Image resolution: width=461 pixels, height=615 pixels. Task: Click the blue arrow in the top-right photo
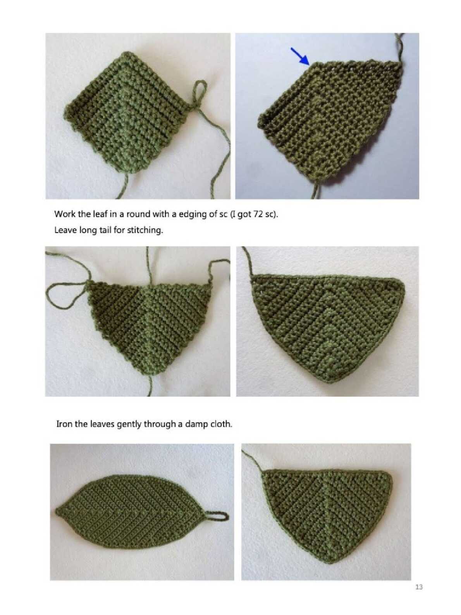pos(299,56)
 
